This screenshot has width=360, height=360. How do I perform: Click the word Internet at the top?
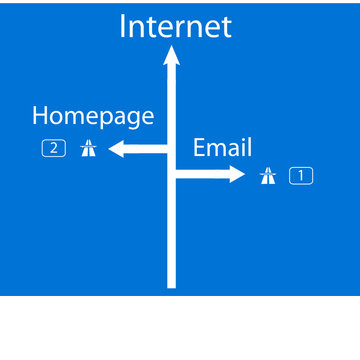[x=175, y=27]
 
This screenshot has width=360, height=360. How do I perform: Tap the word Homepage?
[x=93, y=116]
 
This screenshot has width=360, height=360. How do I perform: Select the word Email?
[x=222, y=148]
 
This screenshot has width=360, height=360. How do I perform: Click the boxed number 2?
[x=54, y=149]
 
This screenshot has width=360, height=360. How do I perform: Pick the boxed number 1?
[x=301, y=176]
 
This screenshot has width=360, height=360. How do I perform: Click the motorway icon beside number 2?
[x=88, y=149]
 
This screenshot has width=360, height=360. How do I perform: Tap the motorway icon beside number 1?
[x=267, y=176]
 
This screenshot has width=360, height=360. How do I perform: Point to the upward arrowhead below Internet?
[x=172, y=56]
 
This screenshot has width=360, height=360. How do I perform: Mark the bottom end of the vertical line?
[x=172, y=285]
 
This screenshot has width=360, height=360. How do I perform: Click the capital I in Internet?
[x=123, y=27]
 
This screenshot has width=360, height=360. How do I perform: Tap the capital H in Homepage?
[x=41, y=116]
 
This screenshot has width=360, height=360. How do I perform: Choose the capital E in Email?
[x=199, y=148]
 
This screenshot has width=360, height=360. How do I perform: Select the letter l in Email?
[x=249, y=148]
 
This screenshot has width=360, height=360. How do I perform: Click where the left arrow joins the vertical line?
[x=168, y=149]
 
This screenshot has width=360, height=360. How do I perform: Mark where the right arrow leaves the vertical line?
[x=177, y=175]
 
